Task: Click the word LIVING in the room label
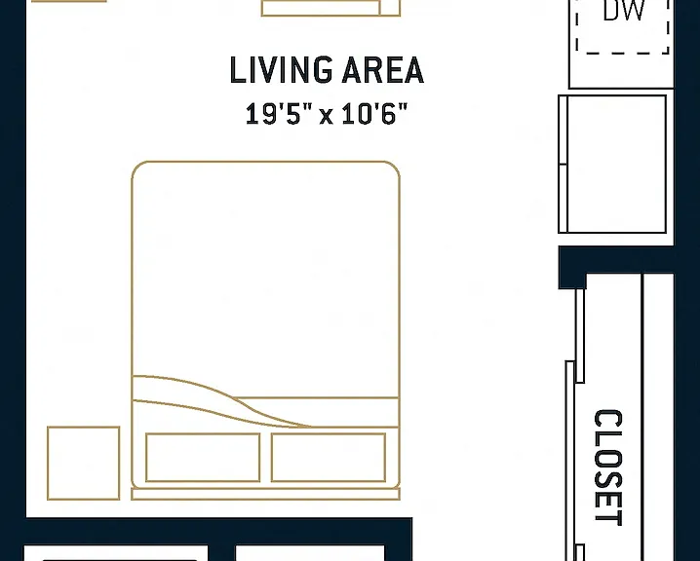[281, 70]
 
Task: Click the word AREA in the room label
[382, 70]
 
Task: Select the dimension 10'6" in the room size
[374, 113]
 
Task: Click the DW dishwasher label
[624, 10]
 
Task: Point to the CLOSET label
[608, 467]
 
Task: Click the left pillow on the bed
[203, 457]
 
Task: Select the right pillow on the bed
[329, 457]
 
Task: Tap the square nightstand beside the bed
[84, 463]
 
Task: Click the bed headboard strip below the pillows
[265, 494]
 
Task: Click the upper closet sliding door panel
[580, 335]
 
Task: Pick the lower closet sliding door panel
[570, 461]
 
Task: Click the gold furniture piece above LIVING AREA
[331, 8]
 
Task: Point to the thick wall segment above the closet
[616, 259]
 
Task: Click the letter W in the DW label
[634, 10]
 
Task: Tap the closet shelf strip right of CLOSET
[658, 417]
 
